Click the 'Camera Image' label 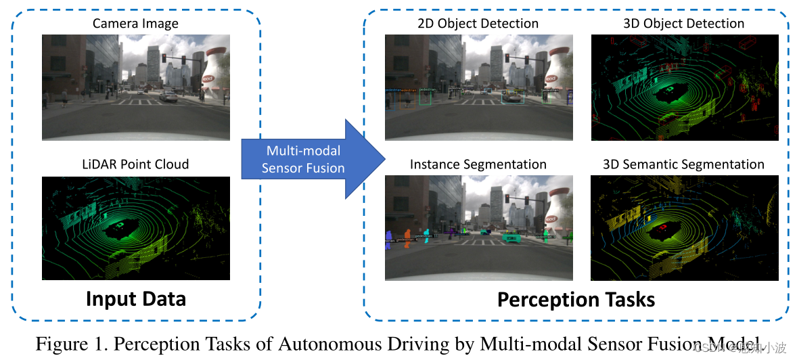point(135,24)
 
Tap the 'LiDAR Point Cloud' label point(135,164)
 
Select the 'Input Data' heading point(135,298)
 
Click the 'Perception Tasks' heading point(576,299)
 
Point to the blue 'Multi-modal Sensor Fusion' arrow point(311,159)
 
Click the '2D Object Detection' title point(478,24)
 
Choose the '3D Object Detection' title point(683,24)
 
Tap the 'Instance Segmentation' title point(478,164)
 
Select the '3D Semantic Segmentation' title point(683,164)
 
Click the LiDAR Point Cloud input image point(135,228)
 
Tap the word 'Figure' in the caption point(62,344)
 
